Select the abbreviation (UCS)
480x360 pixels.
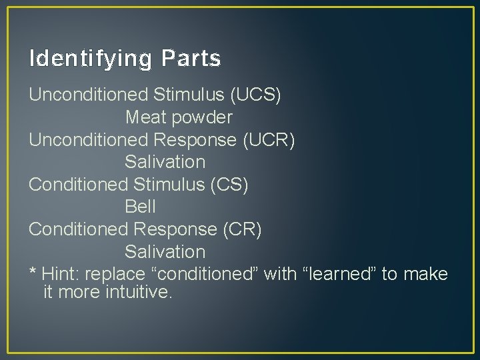pyautogui.click(x=255, y=95)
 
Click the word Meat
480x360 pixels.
pyautogui.click(x=145, y=117)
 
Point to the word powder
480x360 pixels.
pyautogui.click(x=201, y=118)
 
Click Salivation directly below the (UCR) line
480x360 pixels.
pyautogui.click(x=165, y=162)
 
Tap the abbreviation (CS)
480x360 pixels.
pyautogui.click(x=229, y=185)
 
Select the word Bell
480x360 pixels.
pyautogui.click(x=140, y=207)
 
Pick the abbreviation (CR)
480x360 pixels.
pyautogui.click(x=242, y=229)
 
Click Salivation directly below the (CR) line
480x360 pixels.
pyautogui.click(x=165, y=252)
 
